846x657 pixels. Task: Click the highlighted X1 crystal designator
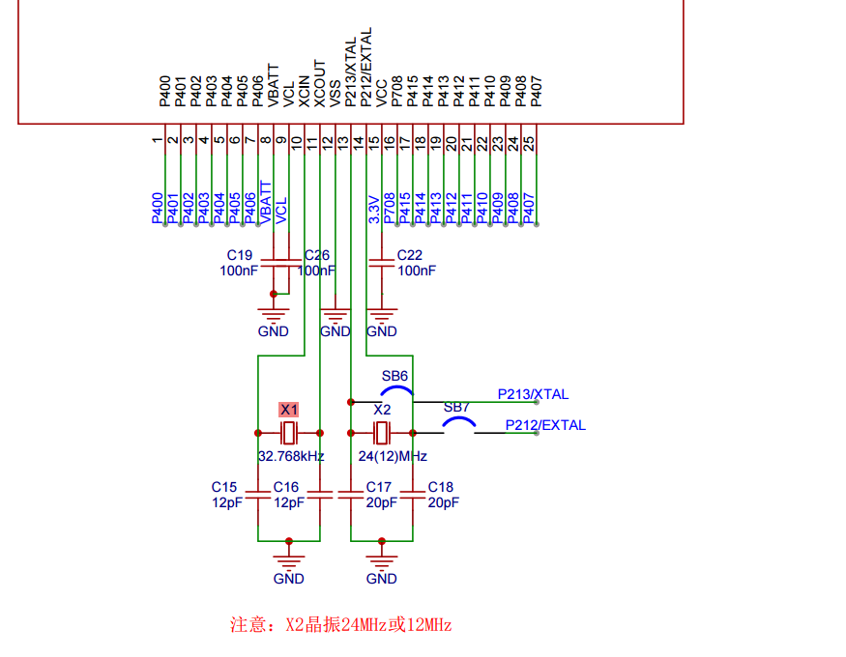pyautogui.click(x=289, y=410)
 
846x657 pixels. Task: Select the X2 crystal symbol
pyautogui.click(x=382, y=432)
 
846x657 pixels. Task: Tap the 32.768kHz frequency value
pyautogui.click(x=290, y=456)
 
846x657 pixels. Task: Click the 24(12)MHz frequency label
pyautogui.click(x=393, y=456)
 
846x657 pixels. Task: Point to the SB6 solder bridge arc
pyautogui.click(x=395, y=390)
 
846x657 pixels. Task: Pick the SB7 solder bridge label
pyautogui.click(x=456, y=408)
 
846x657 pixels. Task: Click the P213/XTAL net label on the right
pyautogui.click(x=533, y=394)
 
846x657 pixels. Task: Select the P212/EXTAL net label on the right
pyautogui.click(x=544, y=425)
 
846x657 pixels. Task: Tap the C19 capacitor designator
pyautogui.click(x=240, y=255)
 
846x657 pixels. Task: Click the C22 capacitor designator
pyautogui.click(x=410, y=255)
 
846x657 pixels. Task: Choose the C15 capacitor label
pyautogui.click(x=224, y=487)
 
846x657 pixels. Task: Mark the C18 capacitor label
pyautogui.click(x=440, y=487)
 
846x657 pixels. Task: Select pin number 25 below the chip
pyautogui.click(x=529, y=142)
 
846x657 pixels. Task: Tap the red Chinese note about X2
pyautogui.click(x=340, y=624)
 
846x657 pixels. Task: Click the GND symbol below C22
pyautogui.click(x=382, y=319)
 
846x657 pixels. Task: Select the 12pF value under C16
pyautogui.click(x=288, y=503)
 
